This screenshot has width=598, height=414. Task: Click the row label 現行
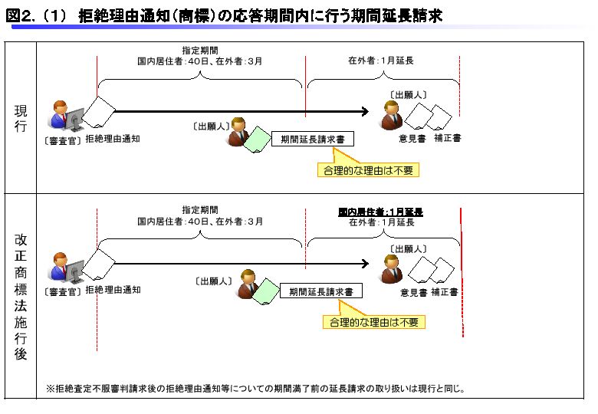click(x=21, y=119)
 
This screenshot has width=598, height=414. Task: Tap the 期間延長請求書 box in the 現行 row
click(x=311, y=140)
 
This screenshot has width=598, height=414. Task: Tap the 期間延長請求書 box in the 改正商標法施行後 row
click(x=320, y=292)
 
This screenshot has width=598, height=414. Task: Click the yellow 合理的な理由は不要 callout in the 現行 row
click(x=369, y=169)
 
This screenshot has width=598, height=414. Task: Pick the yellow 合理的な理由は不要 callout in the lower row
click(x=373, y=322)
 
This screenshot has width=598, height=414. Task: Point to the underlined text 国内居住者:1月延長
click(x=381, y=211)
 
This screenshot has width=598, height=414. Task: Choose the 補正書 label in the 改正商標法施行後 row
click(x=445, y=292)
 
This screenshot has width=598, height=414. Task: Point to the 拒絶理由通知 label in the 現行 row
click(x=113, y=140)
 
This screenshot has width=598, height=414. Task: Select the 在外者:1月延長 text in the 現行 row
click(x=381, y=60)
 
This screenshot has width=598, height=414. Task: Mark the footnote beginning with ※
click(x=255, y=389)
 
